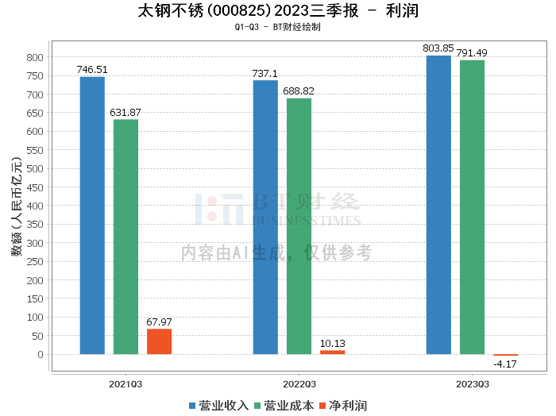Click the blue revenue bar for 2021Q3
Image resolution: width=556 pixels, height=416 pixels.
(x=92, y=215)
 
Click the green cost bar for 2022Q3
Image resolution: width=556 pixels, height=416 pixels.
(x=299, y=226)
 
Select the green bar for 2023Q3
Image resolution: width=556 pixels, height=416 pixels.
(x=472, y=207)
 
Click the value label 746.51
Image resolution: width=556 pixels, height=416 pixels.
(x=91, y=70)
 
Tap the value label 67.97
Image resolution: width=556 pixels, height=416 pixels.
(x=159, y=322)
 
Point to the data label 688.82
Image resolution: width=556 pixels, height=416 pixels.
(x=299, y=91)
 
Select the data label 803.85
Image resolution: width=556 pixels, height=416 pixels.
(x=438, y=48)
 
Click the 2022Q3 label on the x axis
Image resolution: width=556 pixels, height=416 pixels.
(x=299, y=384)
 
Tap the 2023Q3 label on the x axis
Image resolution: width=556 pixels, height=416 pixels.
(x=472, y=384)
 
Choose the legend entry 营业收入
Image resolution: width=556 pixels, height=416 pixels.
(x=218, y=405)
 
